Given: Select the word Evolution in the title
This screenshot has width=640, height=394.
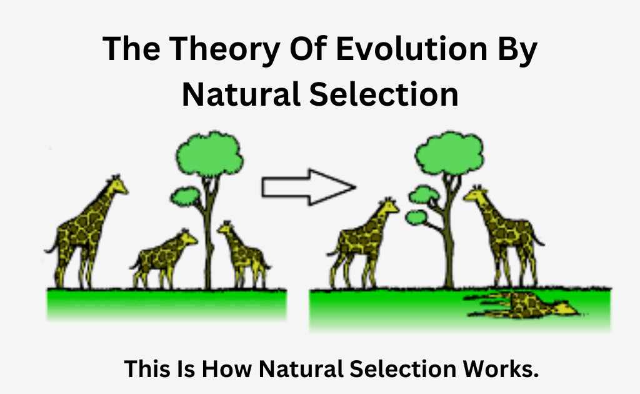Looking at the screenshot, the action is click(x=412, y=48).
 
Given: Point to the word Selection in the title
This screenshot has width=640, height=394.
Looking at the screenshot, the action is click(x=384, y=94).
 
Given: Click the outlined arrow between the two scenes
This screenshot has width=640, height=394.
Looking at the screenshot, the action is click(x=309, y=187).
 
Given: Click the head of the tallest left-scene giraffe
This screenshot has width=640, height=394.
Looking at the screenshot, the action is click(x=117, y=185).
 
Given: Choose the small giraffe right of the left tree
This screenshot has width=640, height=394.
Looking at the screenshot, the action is click(x=244, y=255).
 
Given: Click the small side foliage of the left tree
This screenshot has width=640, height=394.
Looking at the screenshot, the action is click(x=186, y=196).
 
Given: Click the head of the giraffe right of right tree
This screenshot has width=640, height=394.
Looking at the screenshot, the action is click(x=476, y=194).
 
